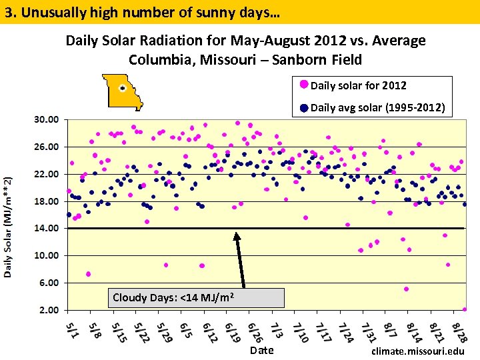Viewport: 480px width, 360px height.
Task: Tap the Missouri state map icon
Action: coord(123,91)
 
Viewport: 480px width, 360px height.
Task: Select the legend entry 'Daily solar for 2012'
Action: coord(358,85)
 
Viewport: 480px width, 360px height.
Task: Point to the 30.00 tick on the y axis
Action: coord(47,119)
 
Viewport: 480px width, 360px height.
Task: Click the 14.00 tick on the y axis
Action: coord(47,228)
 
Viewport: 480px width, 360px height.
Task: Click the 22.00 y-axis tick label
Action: coord(47,174)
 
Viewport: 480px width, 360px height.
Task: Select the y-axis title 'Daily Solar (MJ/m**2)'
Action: coord(9,227)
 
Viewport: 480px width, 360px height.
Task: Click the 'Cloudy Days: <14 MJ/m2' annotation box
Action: coord(195,297)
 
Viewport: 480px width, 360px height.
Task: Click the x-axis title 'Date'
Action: coord(261,350)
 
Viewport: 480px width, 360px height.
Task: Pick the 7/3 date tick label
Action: coord(277,330)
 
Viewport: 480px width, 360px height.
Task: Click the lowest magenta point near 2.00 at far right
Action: coord(465,309)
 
